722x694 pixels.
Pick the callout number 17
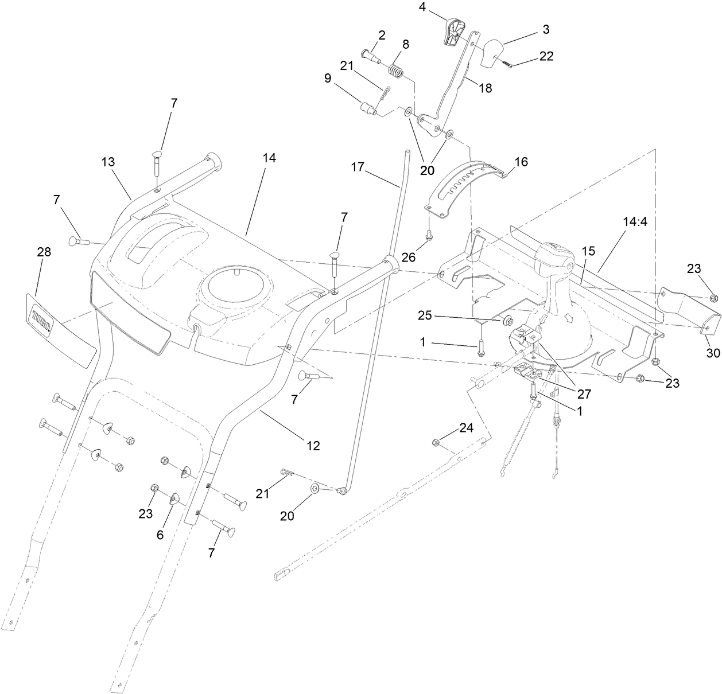point(358,167)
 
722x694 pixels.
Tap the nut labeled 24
point(436,442)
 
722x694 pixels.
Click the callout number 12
point(313,445)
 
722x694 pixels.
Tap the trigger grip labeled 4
point(454,32)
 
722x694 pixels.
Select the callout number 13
point(108,162)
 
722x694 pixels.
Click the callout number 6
point(160,535)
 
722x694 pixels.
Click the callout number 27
point(583,394)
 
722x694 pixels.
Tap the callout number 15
point(588,251)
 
